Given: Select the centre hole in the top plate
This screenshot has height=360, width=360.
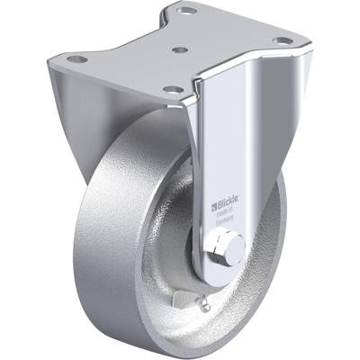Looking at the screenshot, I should [x=181, y=52].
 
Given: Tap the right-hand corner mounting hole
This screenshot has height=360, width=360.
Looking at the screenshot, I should [x=283, y=40].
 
